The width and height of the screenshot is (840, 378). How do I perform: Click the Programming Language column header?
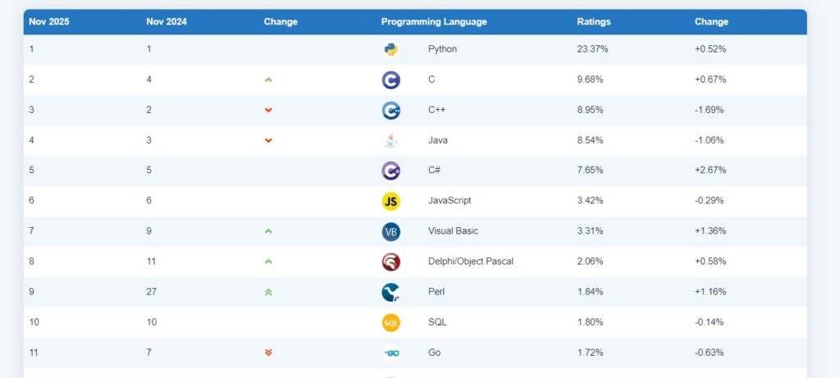click(433, 22)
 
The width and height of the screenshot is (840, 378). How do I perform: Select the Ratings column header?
click(593, 22)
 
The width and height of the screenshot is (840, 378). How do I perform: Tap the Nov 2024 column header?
click(167, 22)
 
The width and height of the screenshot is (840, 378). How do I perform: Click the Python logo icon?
click(390, 49)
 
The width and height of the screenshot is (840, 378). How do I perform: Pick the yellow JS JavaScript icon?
click(390, 201)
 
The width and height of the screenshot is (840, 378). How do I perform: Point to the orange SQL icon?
click(390, 322)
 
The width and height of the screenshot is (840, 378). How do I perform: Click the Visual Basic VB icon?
click(390, 231)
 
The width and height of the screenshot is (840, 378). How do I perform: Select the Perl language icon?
click(390, 292)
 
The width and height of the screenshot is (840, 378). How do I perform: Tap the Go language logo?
click(390, 353)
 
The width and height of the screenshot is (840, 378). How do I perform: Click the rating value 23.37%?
click(592, 49)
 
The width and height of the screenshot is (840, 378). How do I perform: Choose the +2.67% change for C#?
click(710, 171)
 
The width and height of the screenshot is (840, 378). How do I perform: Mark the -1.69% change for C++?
click(710, 110)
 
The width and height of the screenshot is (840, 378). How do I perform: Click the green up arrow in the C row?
click(268, 80)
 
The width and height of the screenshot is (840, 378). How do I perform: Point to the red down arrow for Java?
click(268, 140)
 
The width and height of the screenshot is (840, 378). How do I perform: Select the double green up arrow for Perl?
click(268, 292)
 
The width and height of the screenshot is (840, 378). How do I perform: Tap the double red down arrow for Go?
click(268, 353)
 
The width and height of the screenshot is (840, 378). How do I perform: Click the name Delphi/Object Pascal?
click(470, 262)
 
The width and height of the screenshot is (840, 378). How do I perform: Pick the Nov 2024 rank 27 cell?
click(152, 292)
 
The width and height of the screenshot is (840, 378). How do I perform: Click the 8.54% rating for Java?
click(590, 140)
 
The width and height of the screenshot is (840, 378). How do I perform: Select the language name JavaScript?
click(450, 201)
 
